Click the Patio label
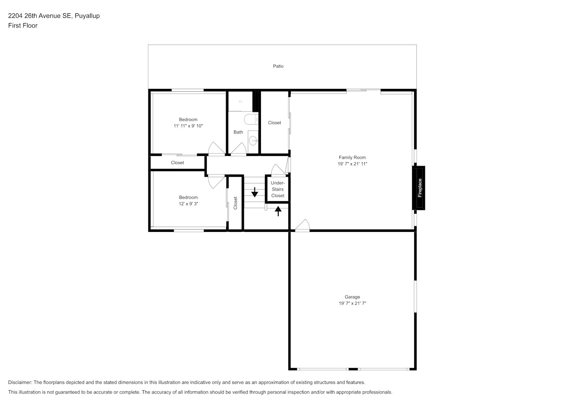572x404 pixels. coord(278,66)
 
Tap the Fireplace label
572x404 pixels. coord(420,188)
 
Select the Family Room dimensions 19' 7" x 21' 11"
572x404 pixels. coord(352,164)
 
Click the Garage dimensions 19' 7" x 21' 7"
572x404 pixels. coord(352,303)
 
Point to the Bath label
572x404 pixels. coord(238,132)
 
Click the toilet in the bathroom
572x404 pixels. coord(251,119)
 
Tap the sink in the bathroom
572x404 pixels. coord(253,141)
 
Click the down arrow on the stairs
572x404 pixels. coord(254,192)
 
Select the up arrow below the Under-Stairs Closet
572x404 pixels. coord(278,211)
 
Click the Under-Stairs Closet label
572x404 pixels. coord(278,189)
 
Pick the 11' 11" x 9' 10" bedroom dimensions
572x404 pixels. coord(188,126)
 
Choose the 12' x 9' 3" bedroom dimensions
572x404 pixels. coord(189,204)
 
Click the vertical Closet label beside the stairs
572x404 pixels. coord(235,203)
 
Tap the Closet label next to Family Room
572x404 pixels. coord(275,123)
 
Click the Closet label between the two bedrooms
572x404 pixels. coord(178,162)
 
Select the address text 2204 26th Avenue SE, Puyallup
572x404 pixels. coord(54,16)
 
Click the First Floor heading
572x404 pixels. coord(23,25)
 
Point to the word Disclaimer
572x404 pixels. coord(20,382)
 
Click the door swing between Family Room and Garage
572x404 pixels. coord(303,225)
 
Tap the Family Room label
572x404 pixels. coord(352,158)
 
